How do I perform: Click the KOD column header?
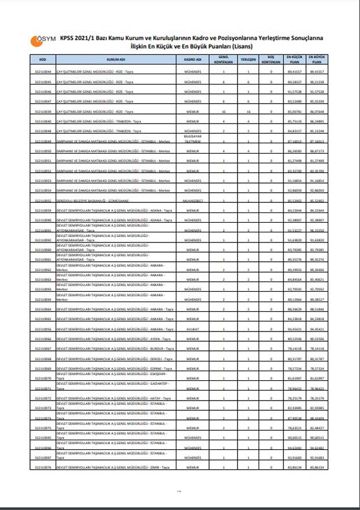(x=43, y=59)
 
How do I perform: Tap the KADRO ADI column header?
(x=193, y=59)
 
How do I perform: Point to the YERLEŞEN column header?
(x=248, y=59)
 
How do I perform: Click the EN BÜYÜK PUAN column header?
(x=317, y=59)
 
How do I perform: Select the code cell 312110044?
(x=43, y=73)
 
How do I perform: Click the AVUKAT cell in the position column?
(x=193, y=329)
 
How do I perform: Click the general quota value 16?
(x=224, y=112)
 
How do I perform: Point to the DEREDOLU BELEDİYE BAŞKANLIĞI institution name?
(x=94, y=201)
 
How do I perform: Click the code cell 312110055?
(x=43, y=201)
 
